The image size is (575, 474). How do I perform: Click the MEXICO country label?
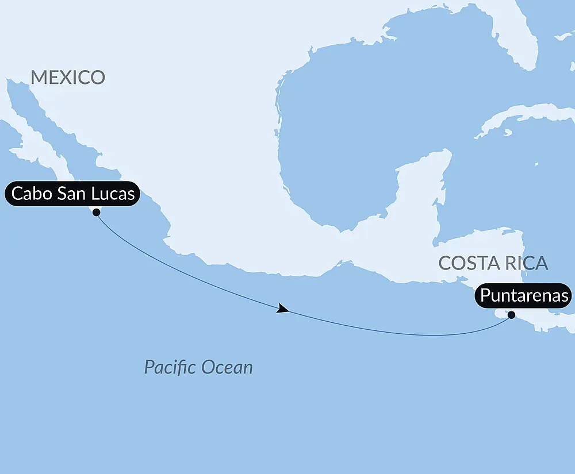coord(68,78)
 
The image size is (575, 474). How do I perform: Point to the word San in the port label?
coord(72,194)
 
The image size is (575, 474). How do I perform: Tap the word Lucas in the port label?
coord(113,194)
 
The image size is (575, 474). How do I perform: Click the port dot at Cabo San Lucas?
coord(96,212)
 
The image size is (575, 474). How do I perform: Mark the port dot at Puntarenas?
coord(511,314)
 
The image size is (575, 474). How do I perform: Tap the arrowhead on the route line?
coord(282,310)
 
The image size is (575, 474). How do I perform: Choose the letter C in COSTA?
coord(444,263)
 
